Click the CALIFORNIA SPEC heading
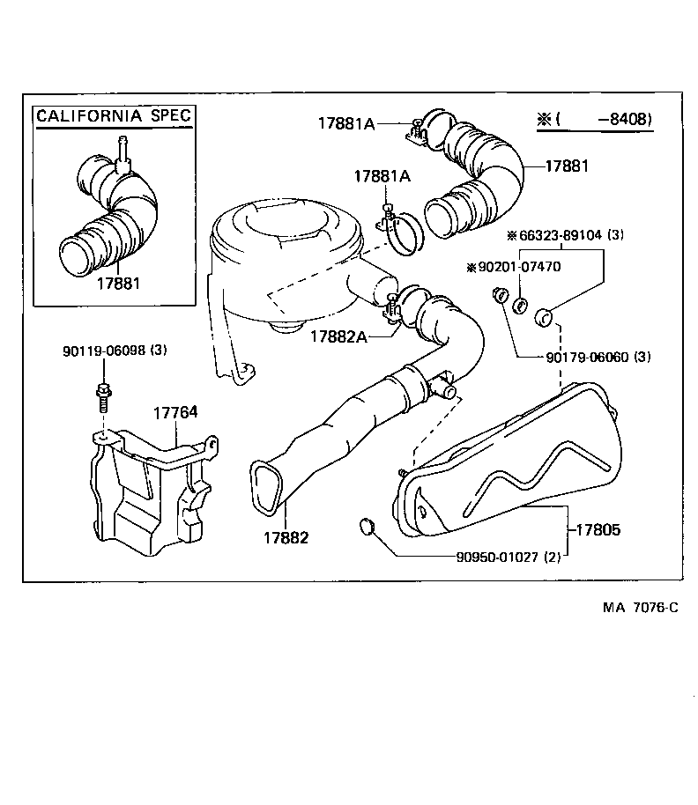tap(113, 115)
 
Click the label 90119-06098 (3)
tap(114, 351)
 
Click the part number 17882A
tap(338, 336)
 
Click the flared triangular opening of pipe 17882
tap(265, 484)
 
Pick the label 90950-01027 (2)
tap(508, 556)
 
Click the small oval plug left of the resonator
tap(368, 528)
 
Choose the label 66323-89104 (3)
tap(565, 235)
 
